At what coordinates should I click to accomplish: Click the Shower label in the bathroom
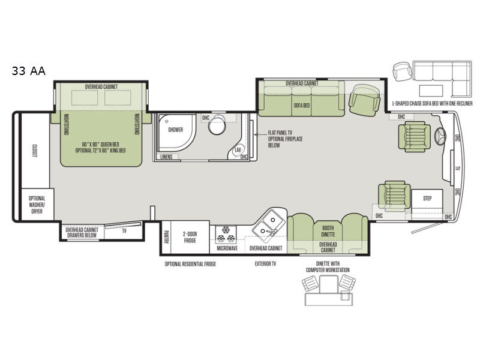tap(175, 130)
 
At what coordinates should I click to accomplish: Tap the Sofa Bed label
tap(301, 105)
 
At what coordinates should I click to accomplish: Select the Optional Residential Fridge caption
tap(190, 263)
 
